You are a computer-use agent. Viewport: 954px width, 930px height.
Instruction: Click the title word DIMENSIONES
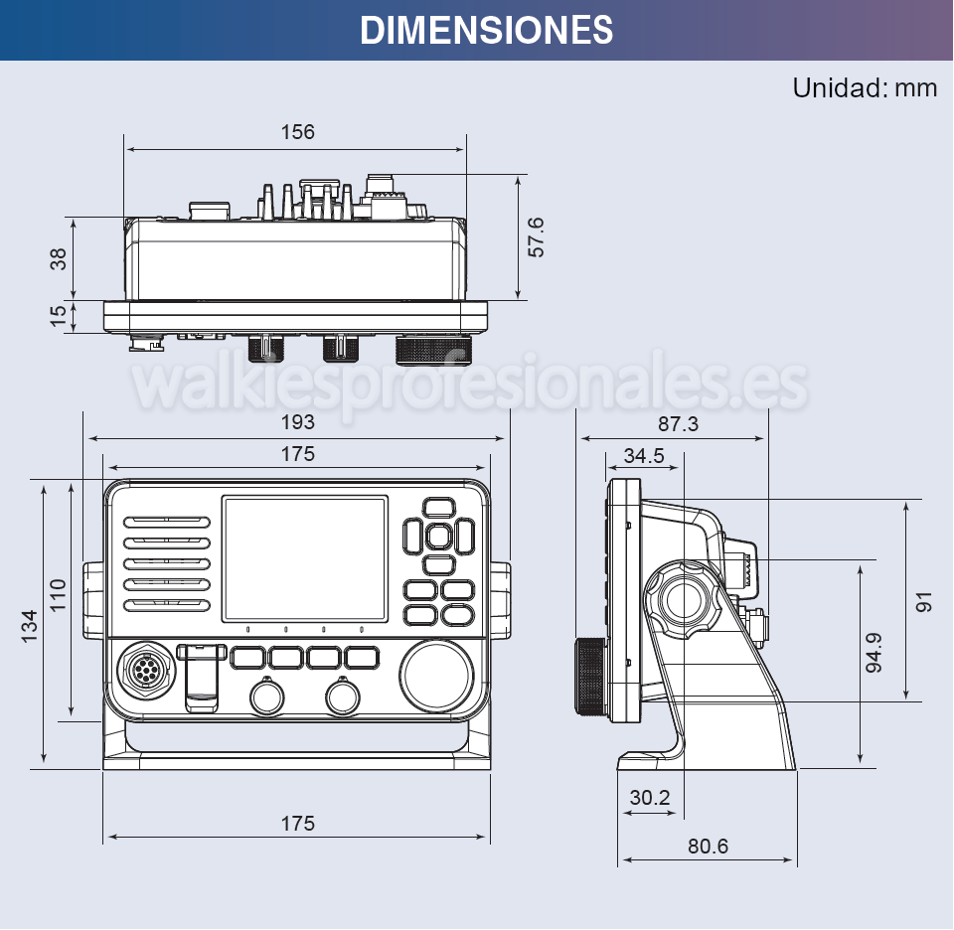pos(486,30)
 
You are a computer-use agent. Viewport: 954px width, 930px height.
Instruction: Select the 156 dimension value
pos(297,132)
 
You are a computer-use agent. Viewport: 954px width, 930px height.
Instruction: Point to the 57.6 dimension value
pos(536,236)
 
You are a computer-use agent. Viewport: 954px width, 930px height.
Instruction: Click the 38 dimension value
pos(59,258)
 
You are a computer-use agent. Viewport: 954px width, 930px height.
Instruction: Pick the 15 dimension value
pos(59,315)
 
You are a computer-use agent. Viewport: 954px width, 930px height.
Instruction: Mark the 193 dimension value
pos(297,422)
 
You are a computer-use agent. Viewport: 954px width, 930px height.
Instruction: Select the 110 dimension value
pos(59,594)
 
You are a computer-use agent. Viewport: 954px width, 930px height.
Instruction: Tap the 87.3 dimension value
pos(678,424)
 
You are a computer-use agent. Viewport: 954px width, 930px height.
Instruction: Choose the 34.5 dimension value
pos(644,456)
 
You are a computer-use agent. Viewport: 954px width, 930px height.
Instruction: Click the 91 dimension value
pos(925,601)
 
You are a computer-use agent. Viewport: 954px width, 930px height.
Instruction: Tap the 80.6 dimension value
pos(708,847)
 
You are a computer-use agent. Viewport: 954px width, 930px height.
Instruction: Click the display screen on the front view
pos(304,558)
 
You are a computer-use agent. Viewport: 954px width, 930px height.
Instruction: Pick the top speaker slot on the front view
pos(167,522)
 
